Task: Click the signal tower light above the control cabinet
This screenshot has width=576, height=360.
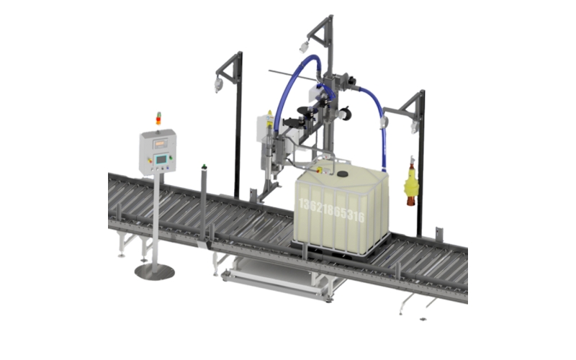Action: point(158,118)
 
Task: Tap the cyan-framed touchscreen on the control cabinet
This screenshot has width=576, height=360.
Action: point(161,159)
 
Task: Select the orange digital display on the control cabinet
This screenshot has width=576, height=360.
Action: point(160,143)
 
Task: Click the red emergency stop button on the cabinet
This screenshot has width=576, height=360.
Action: point(150,160)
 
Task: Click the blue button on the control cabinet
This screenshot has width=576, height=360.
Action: point(168,168)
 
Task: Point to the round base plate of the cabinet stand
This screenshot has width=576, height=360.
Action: point(155,271)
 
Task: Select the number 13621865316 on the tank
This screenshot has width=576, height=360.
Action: point(332,210)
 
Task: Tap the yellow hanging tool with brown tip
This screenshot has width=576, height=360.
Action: point(411,181)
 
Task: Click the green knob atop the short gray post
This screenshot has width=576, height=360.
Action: point(204,167)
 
